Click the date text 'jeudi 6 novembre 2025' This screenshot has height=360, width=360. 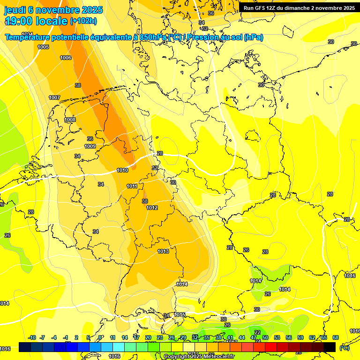(x=53, y=10)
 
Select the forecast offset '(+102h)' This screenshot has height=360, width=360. (x=83, y=21)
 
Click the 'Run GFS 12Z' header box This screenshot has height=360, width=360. (x=299, y=8)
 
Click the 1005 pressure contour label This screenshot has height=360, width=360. (x=43, y=47)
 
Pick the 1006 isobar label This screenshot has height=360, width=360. (x=66, y=58)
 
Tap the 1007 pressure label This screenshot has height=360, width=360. (x=54, y=97)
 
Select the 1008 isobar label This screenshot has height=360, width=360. (x=70, y=120)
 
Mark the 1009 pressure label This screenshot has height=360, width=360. (x=90, y=146)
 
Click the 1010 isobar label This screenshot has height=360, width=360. (x=122, y=170)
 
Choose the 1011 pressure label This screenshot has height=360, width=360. (x=132, y=186)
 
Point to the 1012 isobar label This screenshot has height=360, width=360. (x=152, y=208)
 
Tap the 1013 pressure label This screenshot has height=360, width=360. (x=163, y=252)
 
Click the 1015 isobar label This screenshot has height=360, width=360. (x=180, y=315)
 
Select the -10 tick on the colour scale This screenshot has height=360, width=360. (x=32, y=338)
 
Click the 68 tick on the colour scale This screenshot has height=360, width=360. (x=336, y=338)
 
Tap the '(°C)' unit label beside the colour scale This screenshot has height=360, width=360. (x=345, y=347)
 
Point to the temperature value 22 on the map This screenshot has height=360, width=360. (x=257, y=332)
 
